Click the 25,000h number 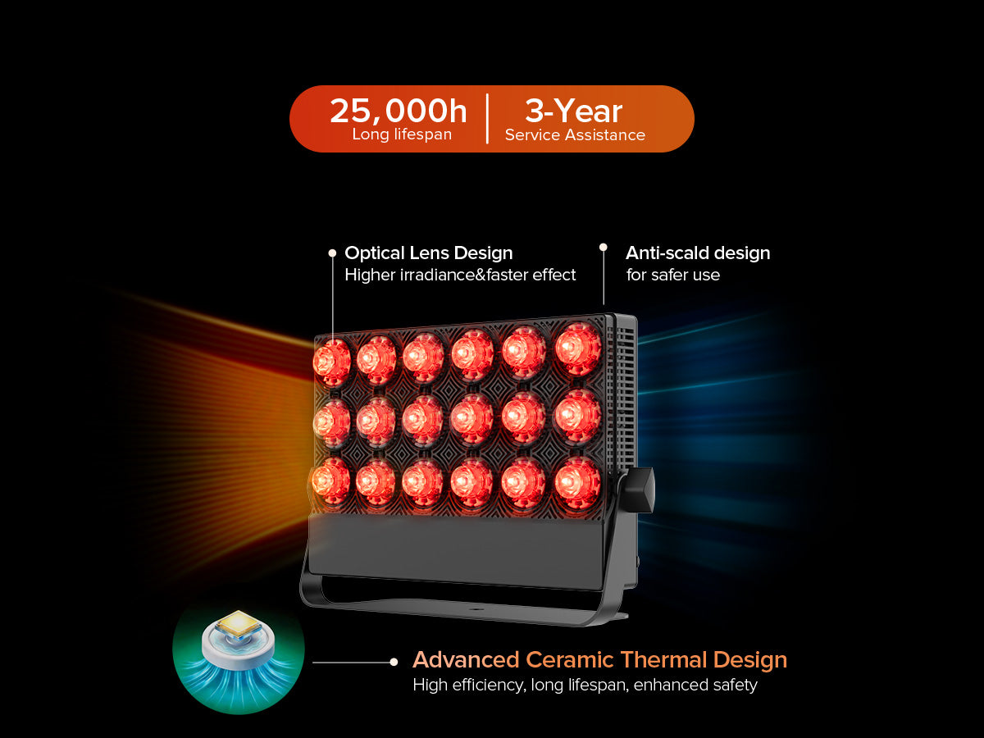click(398, 112)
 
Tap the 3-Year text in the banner click(573, 112)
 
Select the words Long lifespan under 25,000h click(402, 134)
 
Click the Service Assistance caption click(575, 134)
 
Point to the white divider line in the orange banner click(487, 119)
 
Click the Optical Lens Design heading click(429, 253)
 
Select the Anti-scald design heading click(698, 253)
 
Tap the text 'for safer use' click(673, 275)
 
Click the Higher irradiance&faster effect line click(460, 275)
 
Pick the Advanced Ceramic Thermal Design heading click(599, 659)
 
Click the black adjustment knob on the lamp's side click(638, 490)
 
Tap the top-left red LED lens click(332, 362)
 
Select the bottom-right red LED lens click(577, 483)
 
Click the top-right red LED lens click(578, 348)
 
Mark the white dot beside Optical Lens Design click(332, 253)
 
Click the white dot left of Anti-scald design click(604, 248)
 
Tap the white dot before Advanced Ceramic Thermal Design click(394, 662)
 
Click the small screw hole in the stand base click(476, 609)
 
